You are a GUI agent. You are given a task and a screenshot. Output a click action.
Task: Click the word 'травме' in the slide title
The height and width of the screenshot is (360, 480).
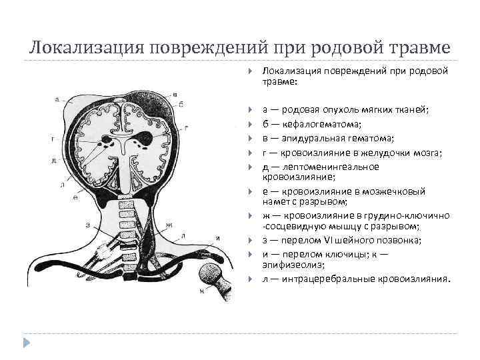click(420, 49)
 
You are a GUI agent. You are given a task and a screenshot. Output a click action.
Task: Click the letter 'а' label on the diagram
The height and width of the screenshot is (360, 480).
click(57, 99)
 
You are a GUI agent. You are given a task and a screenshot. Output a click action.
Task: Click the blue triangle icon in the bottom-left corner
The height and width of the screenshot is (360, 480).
click(27, 343)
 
